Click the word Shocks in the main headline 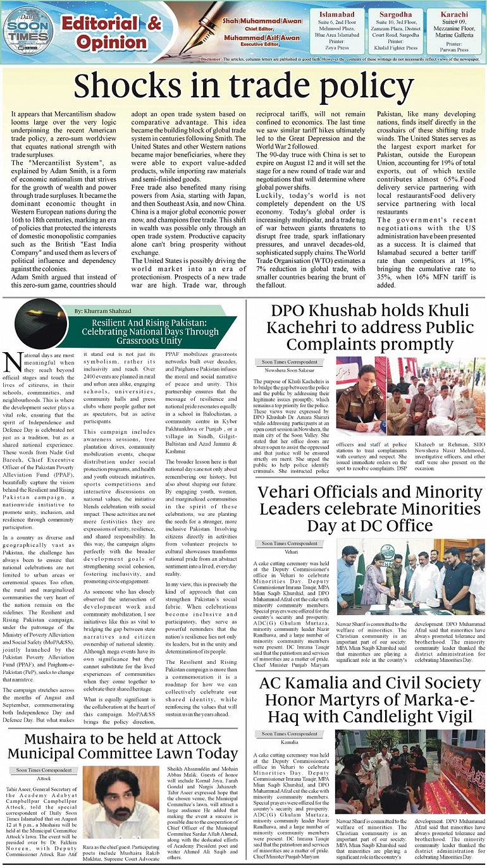tap(126, 86)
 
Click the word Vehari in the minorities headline tap(285, 492)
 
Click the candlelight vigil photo tap(411, 771)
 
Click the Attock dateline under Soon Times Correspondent tap(44, 778)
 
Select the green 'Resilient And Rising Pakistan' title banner tap(154, 333)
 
